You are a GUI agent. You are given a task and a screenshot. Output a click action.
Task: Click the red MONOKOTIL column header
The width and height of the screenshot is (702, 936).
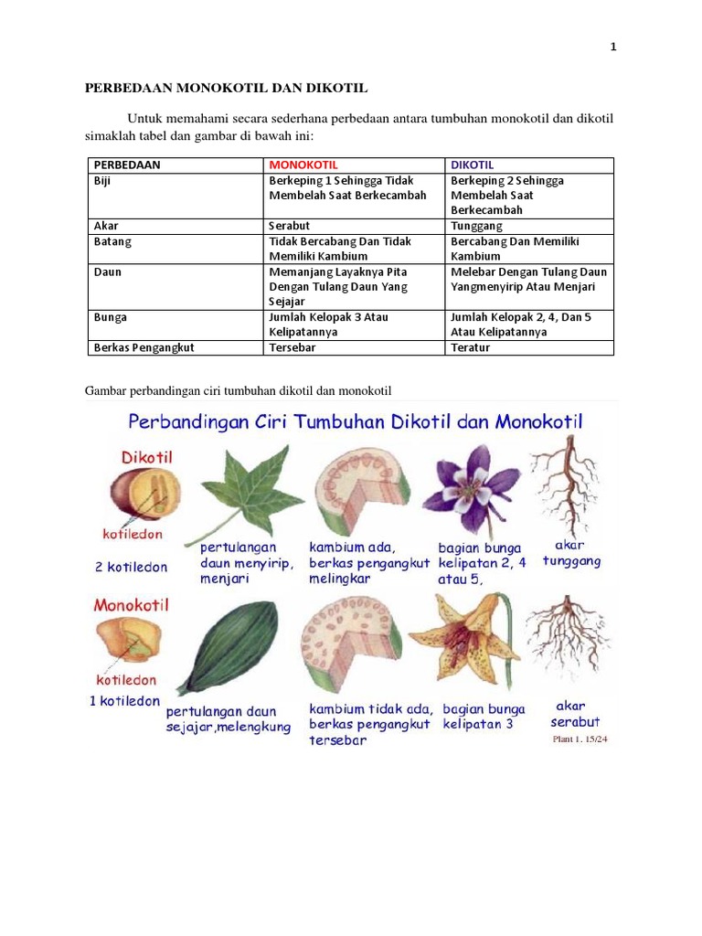pyautogui.click(x=303, y=165)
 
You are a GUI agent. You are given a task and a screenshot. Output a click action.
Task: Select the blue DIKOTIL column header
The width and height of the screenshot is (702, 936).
pyautogui.click(x=472, y=165)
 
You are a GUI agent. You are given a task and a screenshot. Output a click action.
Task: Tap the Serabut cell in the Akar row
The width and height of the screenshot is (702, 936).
pyautogui.click(x=288, y=225)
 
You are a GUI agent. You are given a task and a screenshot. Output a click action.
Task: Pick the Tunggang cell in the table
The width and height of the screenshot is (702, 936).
pyautogui.click(x=476, y=225)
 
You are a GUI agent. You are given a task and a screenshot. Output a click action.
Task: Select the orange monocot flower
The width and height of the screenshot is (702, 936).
pyautogui.click(x=462, y=639)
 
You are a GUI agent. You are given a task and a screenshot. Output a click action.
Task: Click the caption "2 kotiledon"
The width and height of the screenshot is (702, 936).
pyautogui.click(x=132, y=567)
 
